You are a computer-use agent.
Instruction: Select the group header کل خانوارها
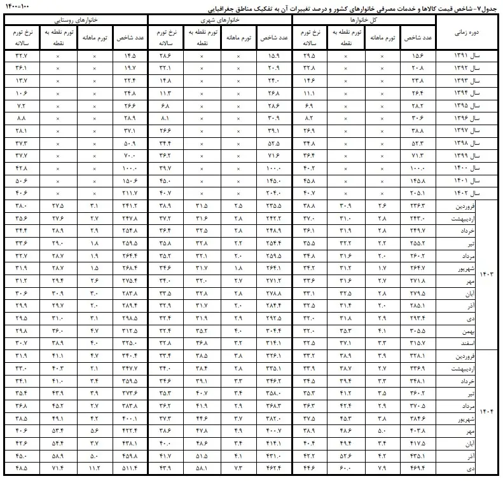click(x=364, y=20)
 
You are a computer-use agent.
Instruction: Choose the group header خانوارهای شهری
click(x=219, y=20)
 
